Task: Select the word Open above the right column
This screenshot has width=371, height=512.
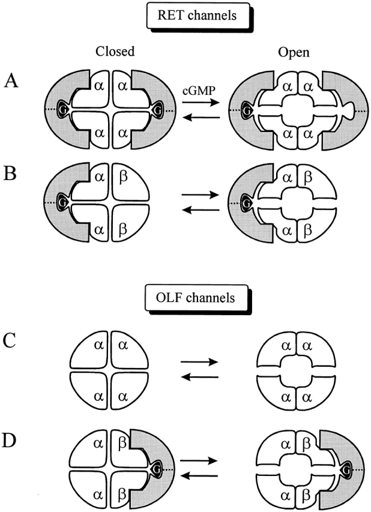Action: point(292,53)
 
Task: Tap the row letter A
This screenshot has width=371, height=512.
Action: point(10,80)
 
